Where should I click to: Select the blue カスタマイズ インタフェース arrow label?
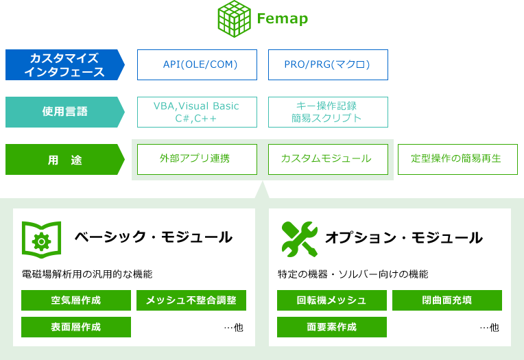[x=64, y=65]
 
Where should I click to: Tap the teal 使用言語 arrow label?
[x=64, y=112]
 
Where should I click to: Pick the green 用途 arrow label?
[x=64, y=159]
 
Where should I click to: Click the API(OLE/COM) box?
[x=197, y=65]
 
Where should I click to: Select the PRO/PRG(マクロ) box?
[x=328, y=65]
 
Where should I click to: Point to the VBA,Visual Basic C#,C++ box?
[x=197, y=112]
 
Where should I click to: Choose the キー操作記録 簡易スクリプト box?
[x=328, y=112]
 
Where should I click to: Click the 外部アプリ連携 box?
[x=197, y=159]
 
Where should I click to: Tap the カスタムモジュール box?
[x=328, y=159]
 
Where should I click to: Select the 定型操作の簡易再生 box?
[x=456, y=159]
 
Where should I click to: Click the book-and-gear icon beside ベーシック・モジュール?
[x=41, y=238]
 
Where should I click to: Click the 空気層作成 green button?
[x=76, y=300]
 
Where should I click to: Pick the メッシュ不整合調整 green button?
[x=191, y=300]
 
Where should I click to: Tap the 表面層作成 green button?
[x=76, y=327]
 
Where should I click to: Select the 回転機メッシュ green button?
[x=332, y=300]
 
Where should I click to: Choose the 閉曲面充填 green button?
[x=447, y=300]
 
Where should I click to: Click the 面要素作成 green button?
[x=332, y=327]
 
